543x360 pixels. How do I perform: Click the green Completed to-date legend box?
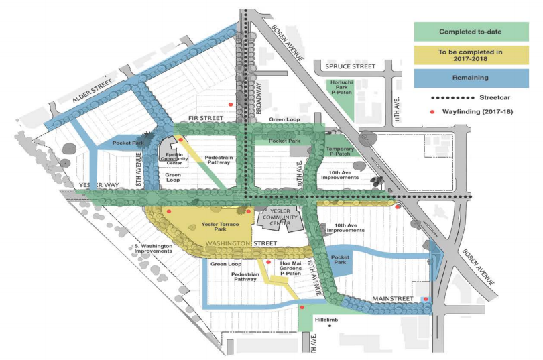[x=471, y=32]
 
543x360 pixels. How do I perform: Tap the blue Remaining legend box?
[x=471, y=78]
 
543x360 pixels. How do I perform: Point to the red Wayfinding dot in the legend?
[x=424, y=111]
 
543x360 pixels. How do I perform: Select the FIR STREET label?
[x=205, y=118]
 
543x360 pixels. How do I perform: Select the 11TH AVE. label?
[x=397, y=109]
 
